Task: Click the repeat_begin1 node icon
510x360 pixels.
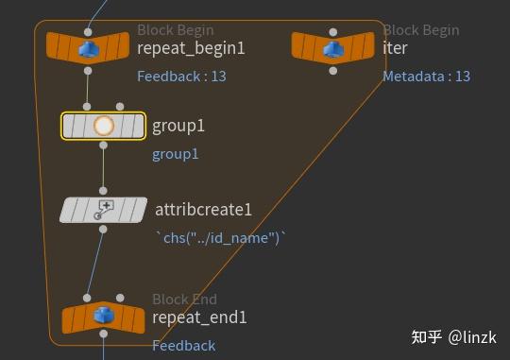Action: pyautogui.click(x=89, y=46)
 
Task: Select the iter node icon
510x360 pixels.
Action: pyautogui.click(x=332, y=46)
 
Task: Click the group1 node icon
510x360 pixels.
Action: pyautogui.click(x=104, y=126)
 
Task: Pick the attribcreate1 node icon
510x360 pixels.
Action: pyautogui.click(x=104, y=210)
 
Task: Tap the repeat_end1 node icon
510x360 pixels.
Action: pyautogui.click(x=103, y=318)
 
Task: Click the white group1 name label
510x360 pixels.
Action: pyautogui.click(x=178, y=126)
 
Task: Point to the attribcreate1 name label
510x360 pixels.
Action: pyautogui.click(x=203, y=210)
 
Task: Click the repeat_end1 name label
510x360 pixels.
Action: pyautogui.click(x=199, y=318)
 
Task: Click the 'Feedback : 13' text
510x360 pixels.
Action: pyautogui.click(x=181, y=77)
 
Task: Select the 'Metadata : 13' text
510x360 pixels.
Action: pyautogui.click(x=426, y=77)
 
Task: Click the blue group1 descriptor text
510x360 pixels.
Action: pyautogui.click(x=176, y=155)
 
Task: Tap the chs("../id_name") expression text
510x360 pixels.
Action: pyautogui.click(x=220, y=239)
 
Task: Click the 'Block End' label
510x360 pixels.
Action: pyautogui.click(x=184, y=300)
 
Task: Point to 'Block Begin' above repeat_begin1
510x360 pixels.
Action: pyautogui.click(x=175, y=30)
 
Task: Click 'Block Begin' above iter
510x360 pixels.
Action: pyautogui.click(x=420, y=30)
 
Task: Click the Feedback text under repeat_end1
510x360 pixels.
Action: pyautogui.click(x=183, y=346)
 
